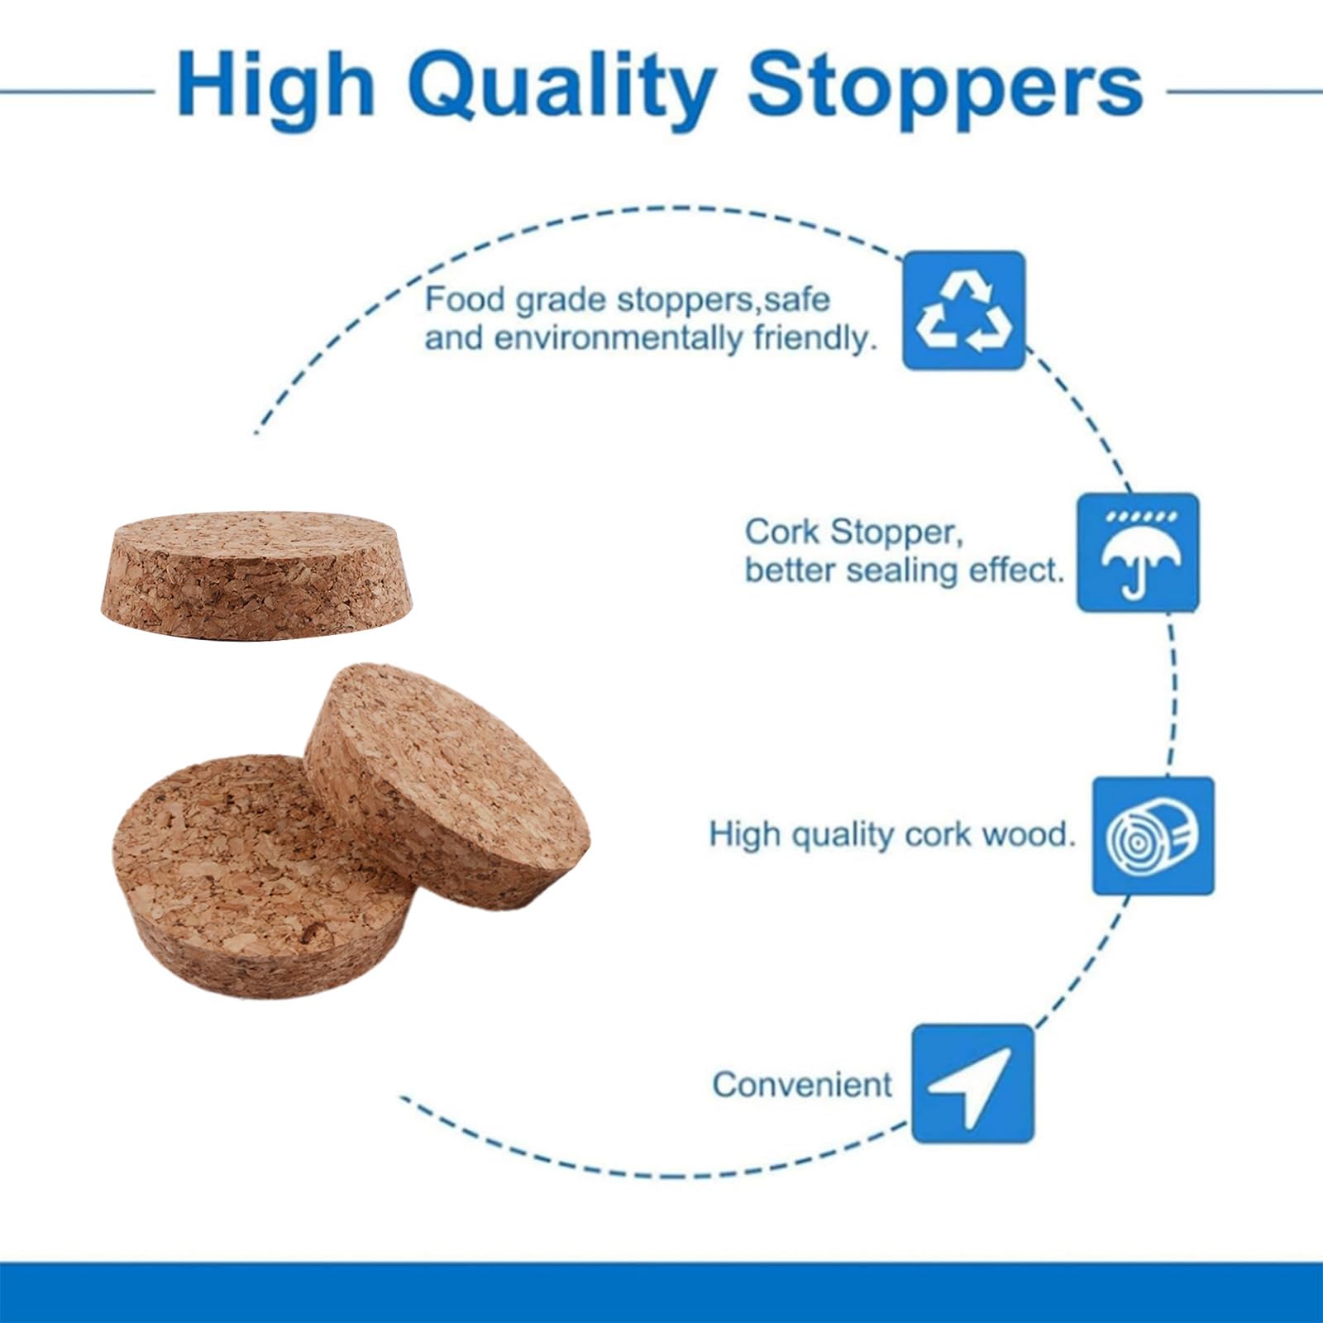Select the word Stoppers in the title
pos(945,87)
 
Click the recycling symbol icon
pos(964,310)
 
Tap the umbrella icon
pos(1138,552)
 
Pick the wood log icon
pos(1153,835)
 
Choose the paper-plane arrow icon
pos(973,1083)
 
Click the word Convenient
pos(802,1084)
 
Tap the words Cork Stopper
pos(854,532)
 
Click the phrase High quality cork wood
pos(893,834)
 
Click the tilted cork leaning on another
pos(447,786)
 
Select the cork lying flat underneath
pos(263,876)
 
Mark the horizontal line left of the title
pos(78,91)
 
